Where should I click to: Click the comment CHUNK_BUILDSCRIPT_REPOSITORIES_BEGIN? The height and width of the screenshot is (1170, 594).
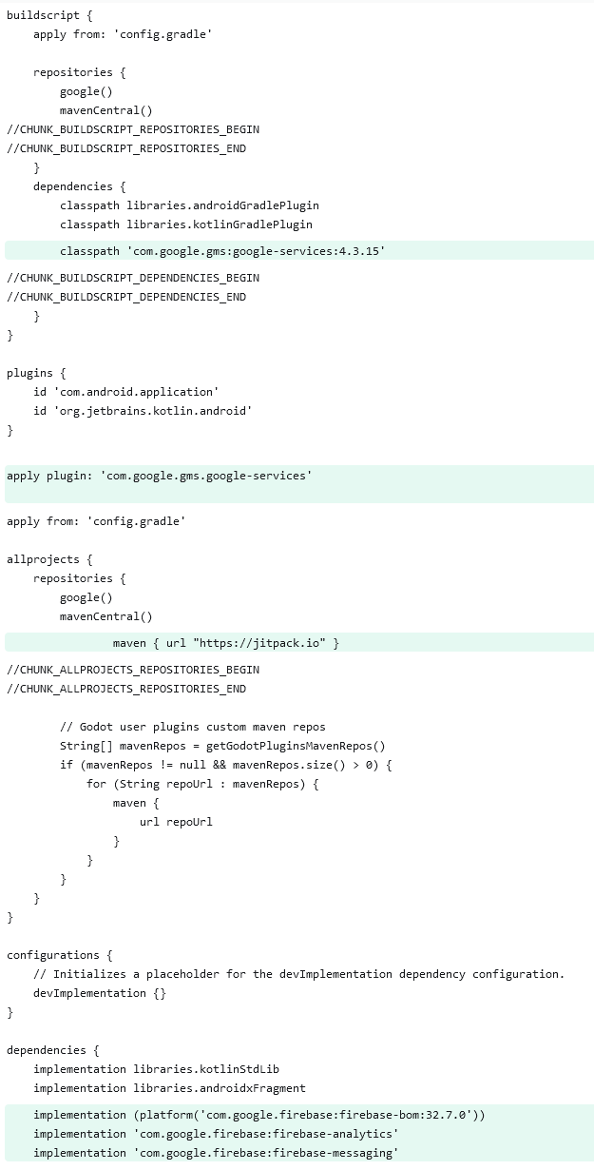tap(133, 129)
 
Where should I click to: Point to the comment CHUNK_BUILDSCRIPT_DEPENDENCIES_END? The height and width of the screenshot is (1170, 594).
tap(126, 297)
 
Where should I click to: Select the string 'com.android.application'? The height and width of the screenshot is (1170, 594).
tap(140, 392)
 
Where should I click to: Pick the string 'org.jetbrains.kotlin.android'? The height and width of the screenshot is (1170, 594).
tap(156, 411)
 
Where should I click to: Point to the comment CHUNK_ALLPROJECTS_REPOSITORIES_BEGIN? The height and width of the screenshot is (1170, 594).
tap(133, 670)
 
